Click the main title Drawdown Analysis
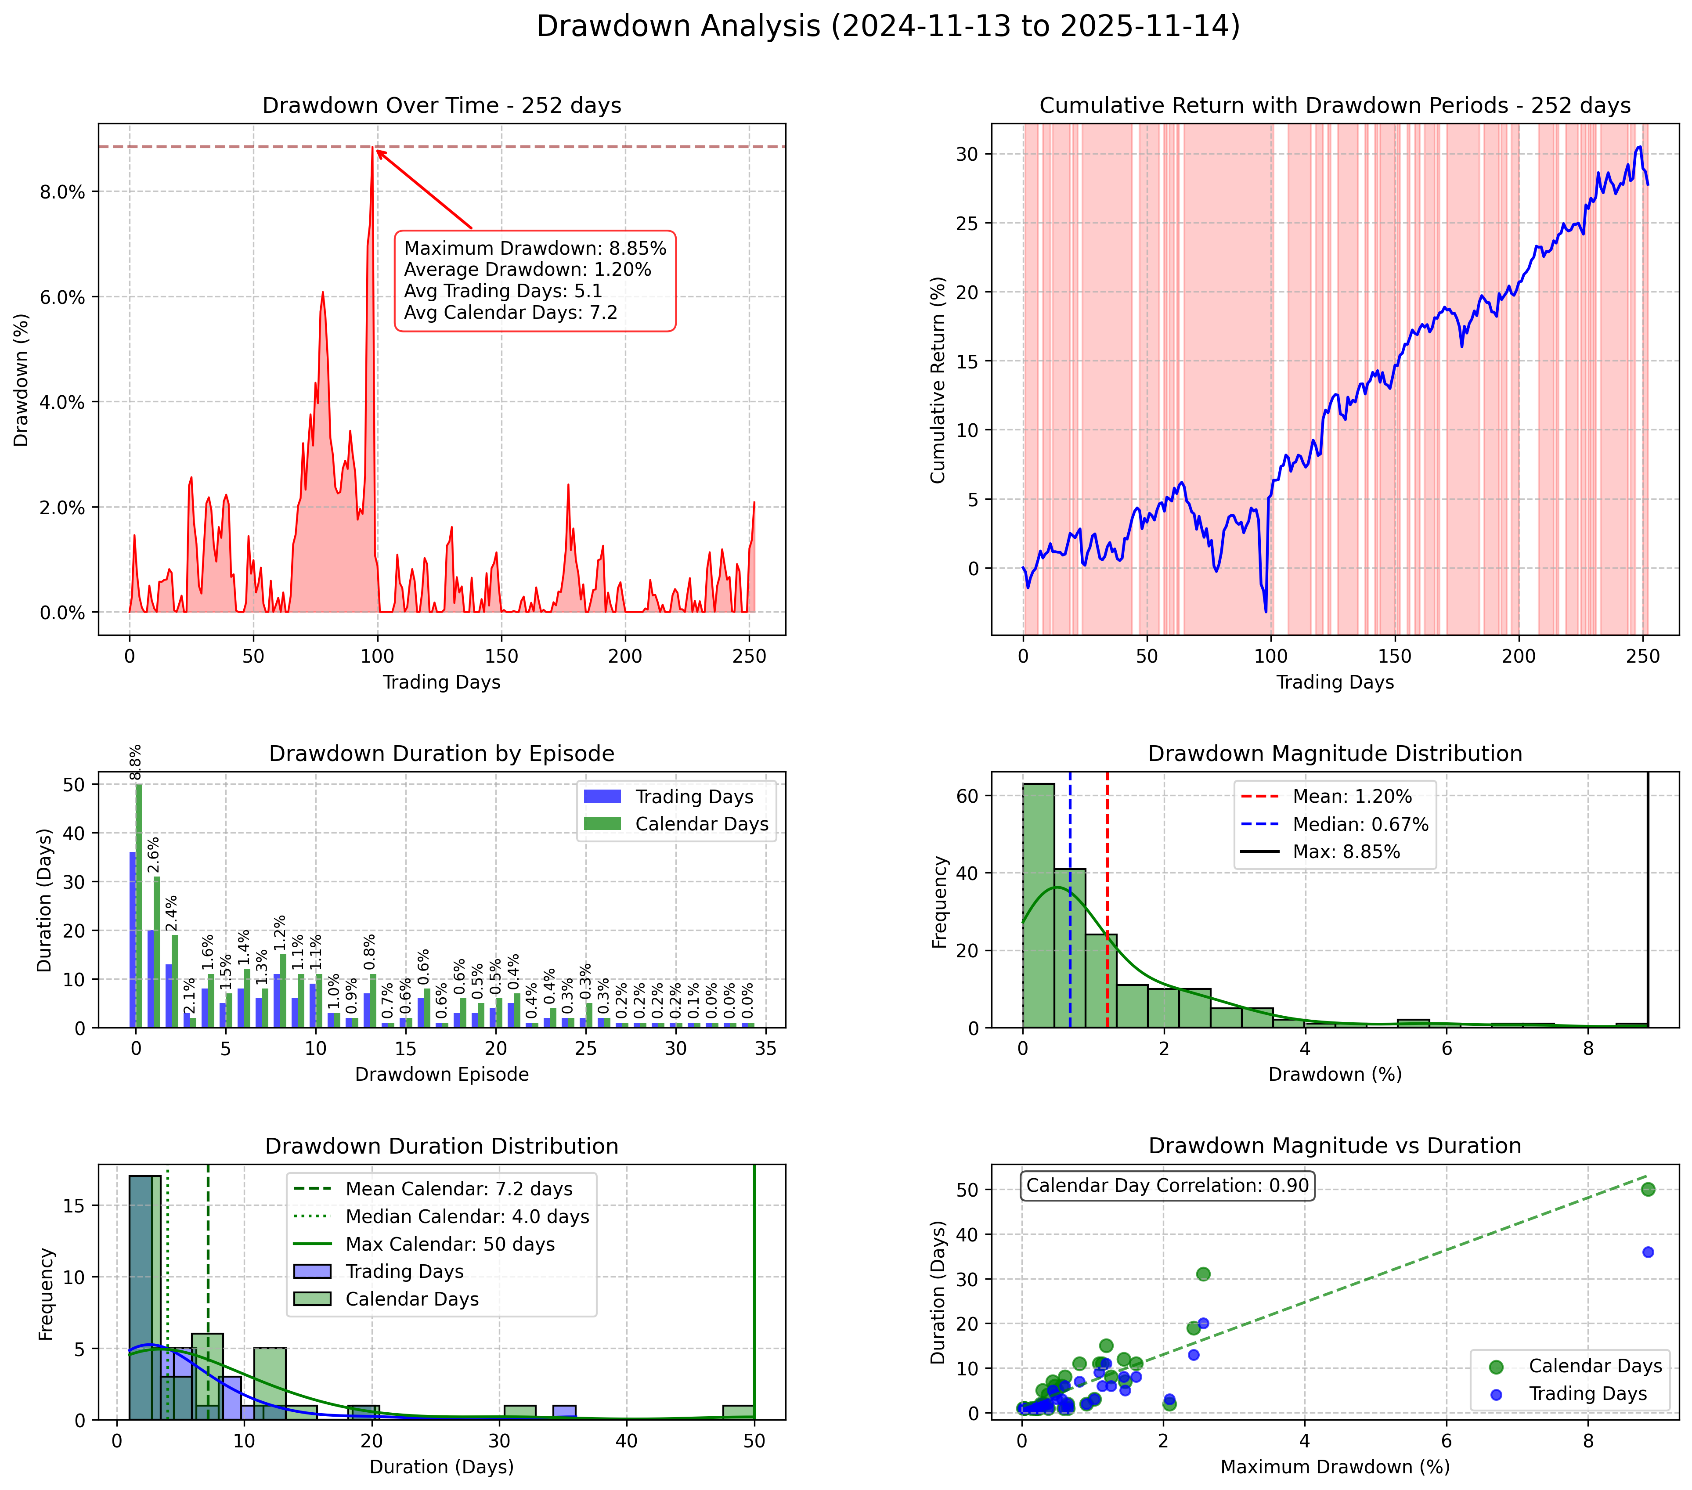887,26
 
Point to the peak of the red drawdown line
373,149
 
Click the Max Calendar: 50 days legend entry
450,1244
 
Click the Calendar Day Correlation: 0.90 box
1167,1185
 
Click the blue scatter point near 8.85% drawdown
1647,1252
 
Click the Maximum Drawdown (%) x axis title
1335,1467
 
